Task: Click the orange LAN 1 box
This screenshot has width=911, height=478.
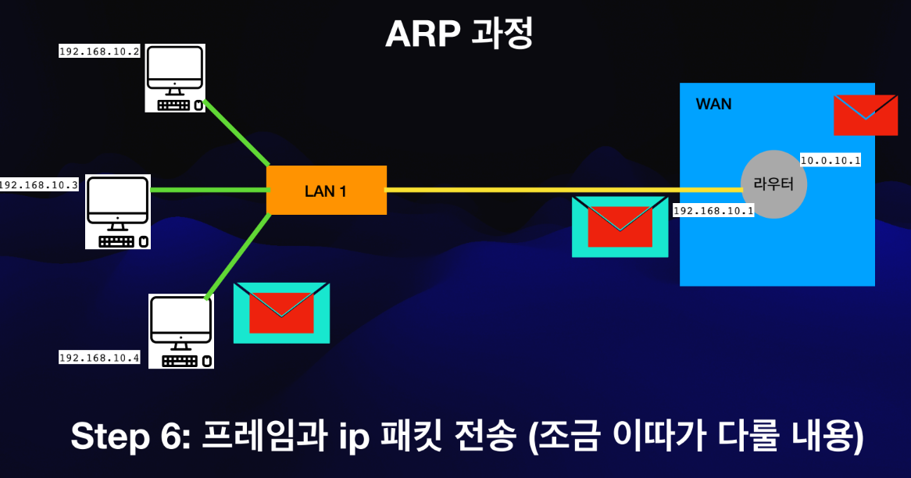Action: click(x=327, y=190)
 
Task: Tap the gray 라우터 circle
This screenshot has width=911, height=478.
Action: click(x=773, y=184)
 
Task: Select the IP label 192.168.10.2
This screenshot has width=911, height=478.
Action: click(x=99, y=52)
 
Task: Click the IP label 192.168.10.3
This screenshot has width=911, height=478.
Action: click(x=38, y=185)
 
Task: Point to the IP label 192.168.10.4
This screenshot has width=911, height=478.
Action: click(x=99, y=358)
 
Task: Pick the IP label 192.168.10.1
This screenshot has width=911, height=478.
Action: click(x=713, y=211)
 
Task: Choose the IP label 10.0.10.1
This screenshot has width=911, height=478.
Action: click(x=831, y=161)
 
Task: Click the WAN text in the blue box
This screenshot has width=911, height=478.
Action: click(x=713, y=104)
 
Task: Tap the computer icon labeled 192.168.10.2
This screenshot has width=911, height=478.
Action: click(x=175, y=78)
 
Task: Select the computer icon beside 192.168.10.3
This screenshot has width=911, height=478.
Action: click(x=118, y=212)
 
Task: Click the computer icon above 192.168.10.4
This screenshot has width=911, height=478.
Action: click(x=181, y=331)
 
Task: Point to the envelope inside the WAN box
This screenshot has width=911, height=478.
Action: click(x=865, y=115)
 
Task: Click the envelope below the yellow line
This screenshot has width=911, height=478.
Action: click(x=620, y=227)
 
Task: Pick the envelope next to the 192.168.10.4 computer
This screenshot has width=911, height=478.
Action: click(x=281, y=312)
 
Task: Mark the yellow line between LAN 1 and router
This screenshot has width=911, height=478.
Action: click(x=563, y=190)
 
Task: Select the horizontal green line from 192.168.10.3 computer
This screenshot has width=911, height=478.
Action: click(x=208, y=190)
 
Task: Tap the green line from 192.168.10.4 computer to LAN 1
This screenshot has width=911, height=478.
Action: click(x=238, y=255)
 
